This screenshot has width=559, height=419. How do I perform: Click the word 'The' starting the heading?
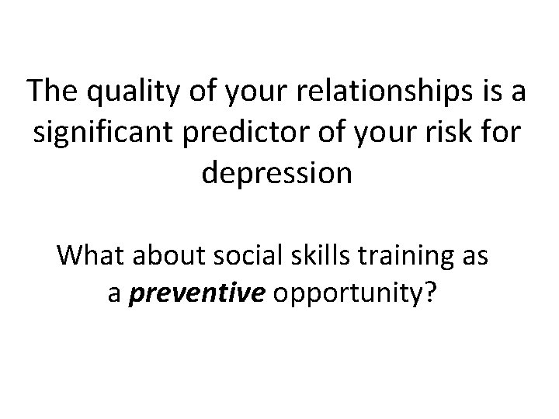click(x=50, y=92)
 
